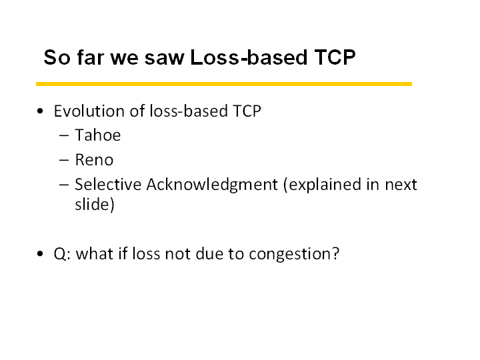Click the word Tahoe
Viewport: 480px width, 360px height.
pyautogui.click(x=98, y=135)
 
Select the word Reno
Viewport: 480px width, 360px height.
pyautogui.click(x=94, y=160)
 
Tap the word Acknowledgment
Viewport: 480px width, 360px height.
pyautogui.click(x=212, y=185)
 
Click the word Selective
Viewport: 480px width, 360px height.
pyautogui.click(x=108, y=184)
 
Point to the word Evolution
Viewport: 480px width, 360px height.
pyautogui.click(x=90, y=111)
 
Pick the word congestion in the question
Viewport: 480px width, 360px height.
pyautogui.click(x=294, y=255)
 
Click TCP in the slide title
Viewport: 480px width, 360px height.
pyautogui.click(x=335, y=57)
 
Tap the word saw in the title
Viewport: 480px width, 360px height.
pyautogui.click(x=165, y=58)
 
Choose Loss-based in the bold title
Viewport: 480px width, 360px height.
pyautogui.click(x=249, y=57)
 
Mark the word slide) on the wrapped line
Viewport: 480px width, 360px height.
pyautogui.click(x=95, y=204)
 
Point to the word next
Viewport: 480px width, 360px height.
pyautogui.click(x=401, y=185)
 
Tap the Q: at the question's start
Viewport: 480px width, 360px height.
pyautogui.click(x=63, y=254)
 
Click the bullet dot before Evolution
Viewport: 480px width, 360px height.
pyautogui.click(x=40, y=111)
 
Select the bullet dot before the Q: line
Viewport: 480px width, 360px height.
pyautogui.click(x=40, y=254)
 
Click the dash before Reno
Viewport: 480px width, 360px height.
pyautogui.click(x=64, y=160)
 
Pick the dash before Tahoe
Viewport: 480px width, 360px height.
pyautogui.click(x=64, y=135)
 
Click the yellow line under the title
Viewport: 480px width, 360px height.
pyautogui.click(x=224, y=84)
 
